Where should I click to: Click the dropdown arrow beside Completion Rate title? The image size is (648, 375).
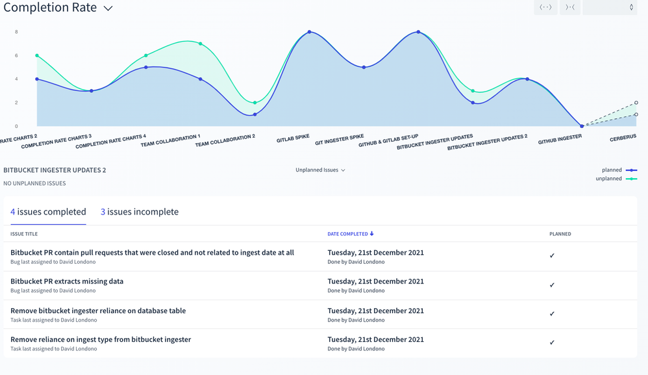click(x=108, y=8)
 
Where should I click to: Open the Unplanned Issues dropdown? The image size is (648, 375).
click(x=320, y=170)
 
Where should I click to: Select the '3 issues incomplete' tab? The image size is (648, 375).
click(x=140, y=212)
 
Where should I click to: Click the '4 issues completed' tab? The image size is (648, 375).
click(x=48, y=212)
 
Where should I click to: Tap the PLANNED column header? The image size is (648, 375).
click(x=560, y=234)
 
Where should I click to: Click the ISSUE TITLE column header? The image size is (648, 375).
click(x=24, y=234)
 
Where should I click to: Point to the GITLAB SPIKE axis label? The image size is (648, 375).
click(x=293, y=138)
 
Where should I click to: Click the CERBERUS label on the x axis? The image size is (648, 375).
click(x=623, y=138)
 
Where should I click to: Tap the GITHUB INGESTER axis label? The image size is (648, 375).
click(x=560, y=138)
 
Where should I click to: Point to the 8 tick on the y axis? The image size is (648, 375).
click(x=16, y=32)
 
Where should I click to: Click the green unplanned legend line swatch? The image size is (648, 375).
click(x=631, y=179)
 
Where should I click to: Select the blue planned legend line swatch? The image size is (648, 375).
click(x=631, y=170)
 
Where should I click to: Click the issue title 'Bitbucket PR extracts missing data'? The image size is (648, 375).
click(x=67, y=281)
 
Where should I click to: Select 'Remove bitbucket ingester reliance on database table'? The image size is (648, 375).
click(x=98, y=311)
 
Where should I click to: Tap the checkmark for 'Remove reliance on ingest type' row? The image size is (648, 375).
click(x=552, y=343)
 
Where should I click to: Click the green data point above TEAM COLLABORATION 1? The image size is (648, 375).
click(x=201, y=44)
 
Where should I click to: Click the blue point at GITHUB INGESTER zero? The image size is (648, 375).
click(x=582, y=126)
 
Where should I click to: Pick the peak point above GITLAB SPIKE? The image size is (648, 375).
click(x=309, y=32)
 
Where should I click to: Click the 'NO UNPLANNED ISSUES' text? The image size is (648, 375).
click(x=34, y=183)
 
